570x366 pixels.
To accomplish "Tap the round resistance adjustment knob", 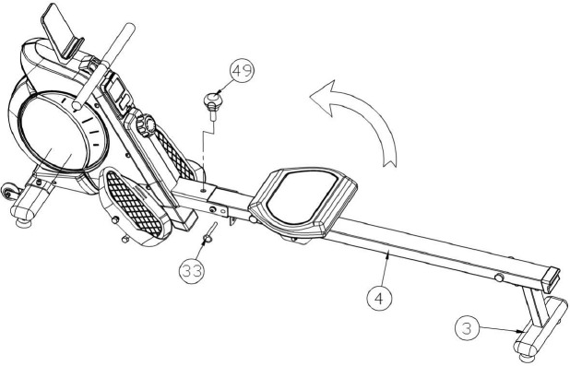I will (x=147, y=124).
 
